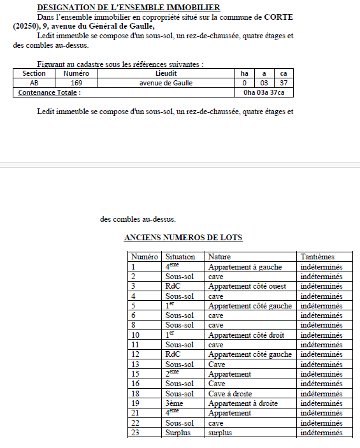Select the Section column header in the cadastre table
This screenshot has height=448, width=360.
click(34, 74)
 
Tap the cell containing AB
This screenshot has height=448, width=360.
click(34, 83)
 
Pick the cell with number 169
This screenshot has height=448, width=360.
click(76, 83)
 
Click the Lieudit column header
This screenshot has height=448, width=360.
click(166, 74)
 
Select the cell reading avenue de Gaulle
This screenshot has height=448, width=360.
click(166, 83)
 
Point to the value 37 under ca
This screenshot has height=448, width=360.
click(284, 83)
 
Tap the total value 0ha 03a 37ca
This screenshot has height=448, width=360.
click(264, 92)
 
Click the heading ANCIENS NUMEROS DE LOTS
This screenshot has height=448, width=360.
click(183, 238)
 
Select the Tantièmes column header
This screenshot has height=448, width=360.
click(317, 257)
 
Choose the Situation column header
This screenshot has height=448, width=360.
click(180, 257)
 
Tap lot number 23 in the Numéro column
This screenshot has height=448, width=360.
click(134, 433)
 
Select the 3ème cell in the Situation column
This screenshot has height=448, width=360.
click(175, 403)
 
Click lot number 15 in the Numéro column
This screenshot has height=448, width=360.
click(134, 374)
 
